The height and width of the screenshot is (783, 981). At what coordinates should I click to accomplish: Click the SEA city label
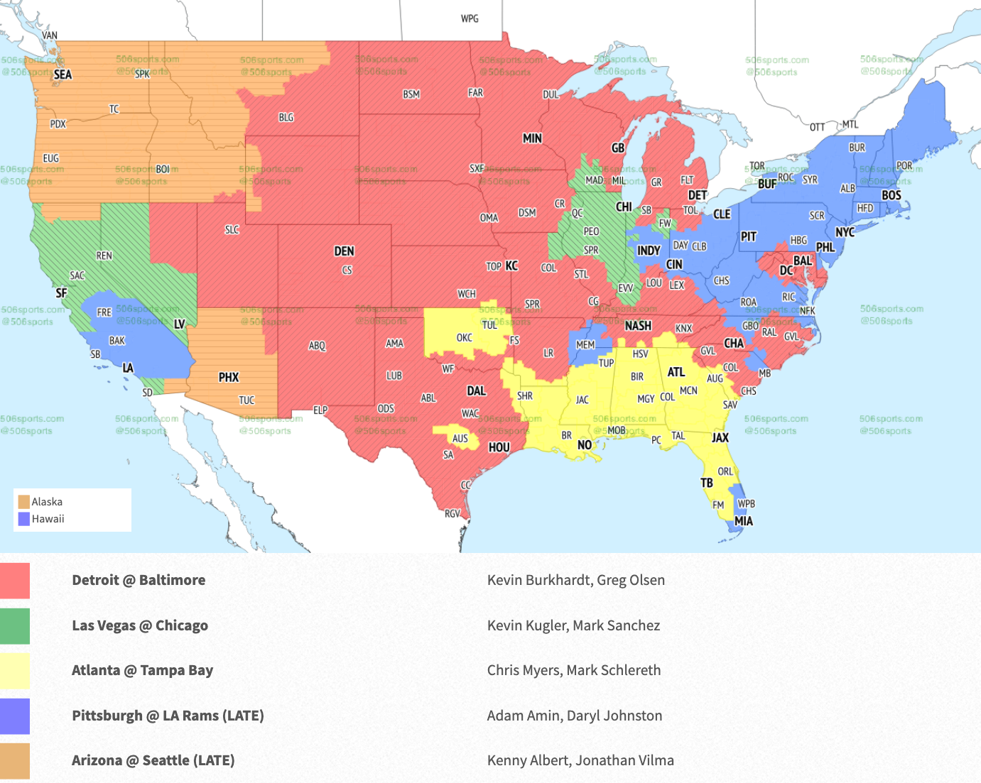63,75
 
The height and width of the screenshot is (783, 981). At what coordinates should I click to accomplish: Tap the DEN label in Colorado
344,251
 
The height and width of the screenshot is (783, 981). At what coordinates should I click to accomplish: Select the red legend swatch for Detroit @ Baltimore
15,581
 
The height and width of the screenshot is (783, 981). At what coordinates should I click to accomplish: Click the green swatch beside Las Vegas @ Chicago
15,626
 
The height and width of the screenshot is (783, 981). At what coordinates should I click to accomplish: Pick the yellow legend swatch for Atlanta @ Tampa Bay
15,671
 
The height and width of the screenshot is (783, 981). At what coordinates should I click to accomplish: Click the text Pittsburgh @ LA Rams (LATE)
168,716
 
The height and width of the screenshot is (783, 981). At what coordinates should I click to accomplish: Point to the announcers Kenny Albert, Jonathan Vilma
580,760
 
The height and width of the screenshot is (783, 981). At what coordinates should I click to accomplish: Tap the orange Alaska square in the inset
23,502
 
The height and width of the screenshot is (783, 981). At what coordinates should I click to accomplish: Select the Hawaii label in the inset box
48,519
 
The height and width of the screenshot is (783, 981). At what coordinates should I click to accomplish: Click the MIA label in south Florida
743,521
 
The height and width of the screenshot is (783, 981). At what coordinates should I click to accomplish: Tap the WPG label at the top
470,18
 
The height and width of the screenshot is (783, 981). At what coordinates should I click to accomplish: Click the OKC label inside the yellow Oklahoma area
464,338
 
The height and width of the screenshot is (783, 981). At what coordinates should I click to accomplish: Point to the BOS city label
891,195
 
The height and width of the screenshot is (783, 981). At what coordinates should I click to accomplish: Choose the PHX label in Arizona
228,378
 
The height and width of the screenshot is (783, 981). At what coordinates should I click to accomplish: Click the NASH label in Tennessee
637,326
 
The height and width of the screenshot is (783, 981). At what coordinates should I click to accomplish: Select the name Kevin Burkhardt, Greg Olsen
575,580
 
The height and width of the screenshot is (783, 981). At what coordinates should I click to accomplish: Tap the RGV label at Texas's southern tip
452,513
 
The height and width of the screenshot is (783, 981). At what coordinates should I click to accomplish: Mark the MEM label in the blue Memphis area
585,345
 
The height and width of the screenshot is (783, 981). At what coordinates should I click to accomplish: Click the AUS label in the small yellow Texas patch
460,438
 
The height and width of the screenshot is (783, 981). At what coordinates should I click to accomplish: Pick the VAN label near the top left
50,35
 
